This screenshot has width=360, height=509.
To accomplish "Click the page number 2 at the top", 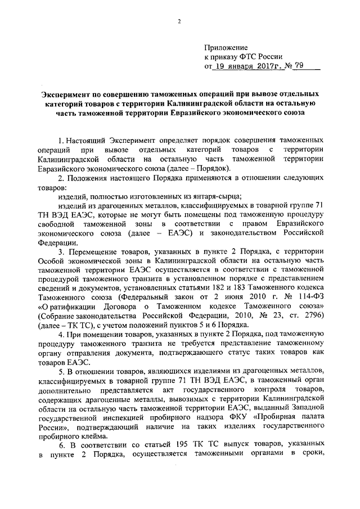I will tap(179, 22).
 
